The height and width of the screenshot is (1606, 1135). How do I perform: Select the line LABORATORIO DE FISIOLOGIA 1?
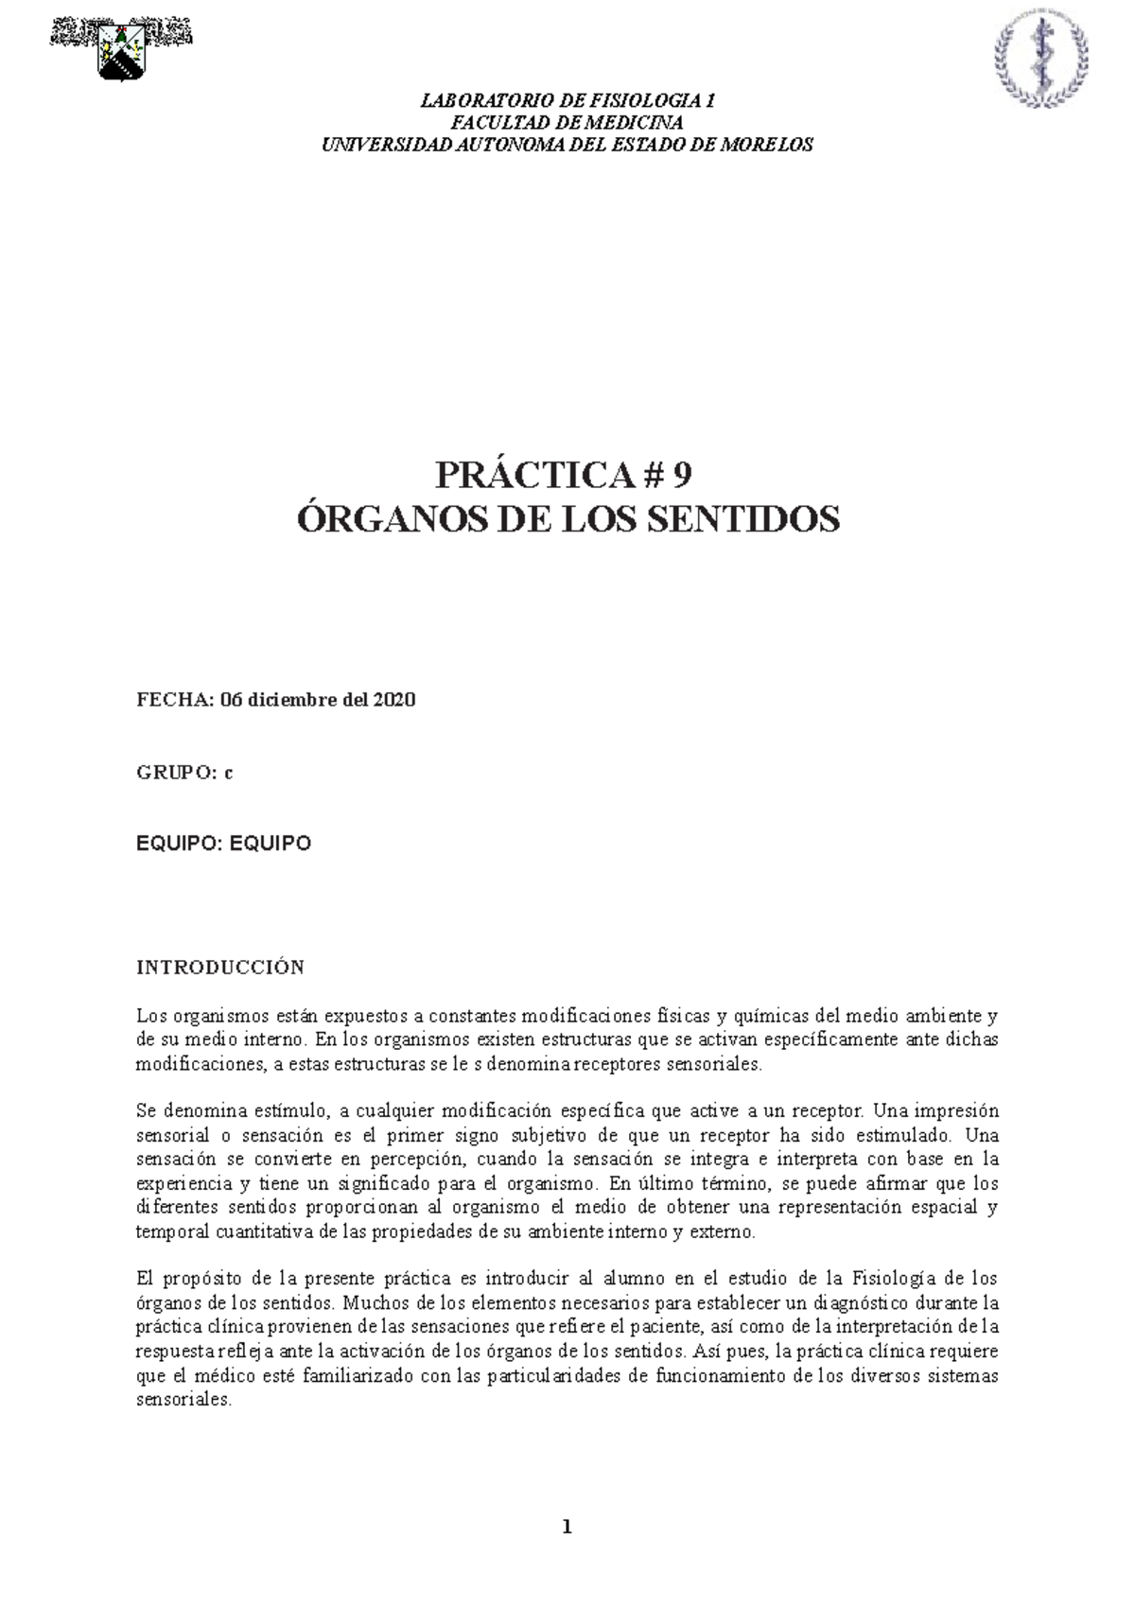click(x=567, y=101)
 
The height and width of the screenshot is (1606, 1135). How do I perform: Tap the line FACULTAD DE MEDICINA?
click(x=567, y=123)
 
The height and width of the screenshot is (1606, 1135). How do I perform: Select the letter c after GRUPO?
click(x=228, y=773)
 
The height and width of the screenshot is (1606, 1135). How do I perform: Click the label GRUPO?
click(x=177, y=773)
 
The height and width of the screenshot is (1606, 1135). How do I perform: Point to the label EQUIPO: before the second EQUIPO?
click(x=177, y=844)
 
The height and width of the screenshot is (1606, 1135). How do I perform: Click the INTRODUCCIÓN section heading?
click(x=220, y=968)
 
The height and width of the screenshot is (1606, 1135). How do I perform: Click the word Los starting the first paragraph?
click(x=151, y=1017)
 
